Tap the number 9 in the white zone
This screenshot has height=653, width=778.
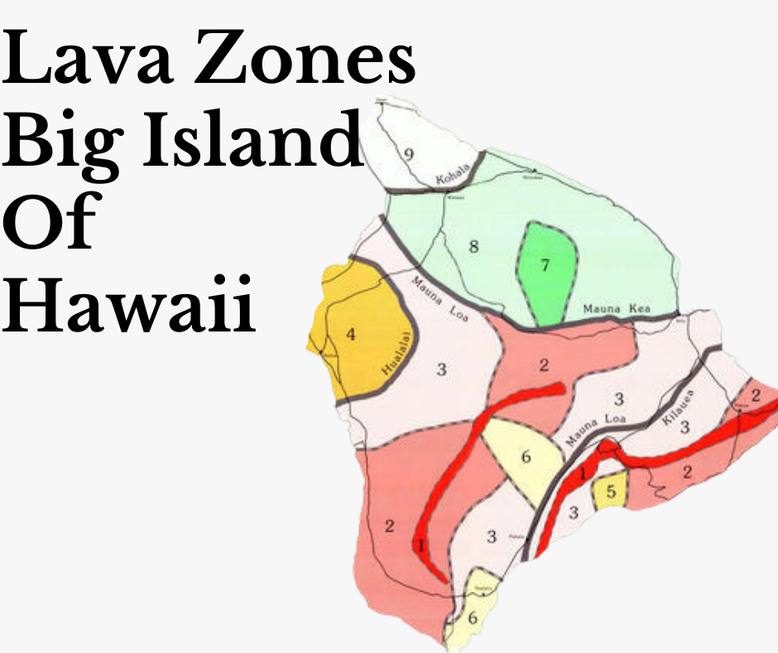(x=408, y=154)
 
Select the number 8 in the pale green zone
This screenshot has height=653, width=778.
(x=474, y=247)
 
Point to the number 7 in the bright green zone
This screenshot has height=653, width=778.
(x=545, y=266)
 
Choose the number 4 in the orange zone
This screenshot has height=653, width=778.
(x=351, y=335)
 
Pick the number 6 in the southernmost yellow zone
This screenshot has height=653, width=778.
(x=472, y=617)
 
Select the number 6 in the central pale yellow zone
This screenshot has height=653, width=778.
(x=526, y=457)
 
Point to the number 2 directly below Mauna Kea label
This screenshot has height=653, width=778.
(x=545, y=365)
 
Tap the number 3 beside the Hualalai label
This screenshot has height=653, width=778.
(x=442, y=370)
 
